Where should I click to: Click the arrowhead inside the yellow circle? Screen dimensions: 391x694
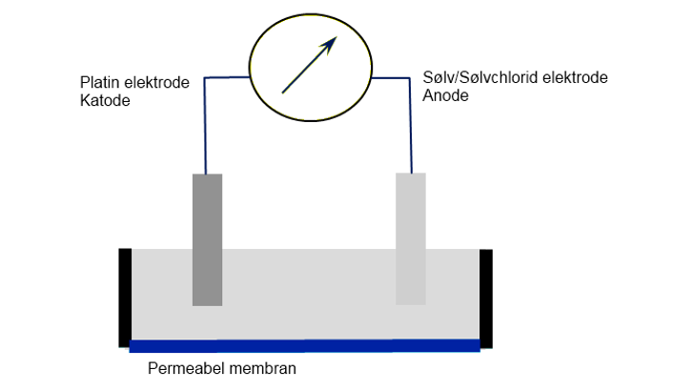pyautogui.click(x=333, y=40)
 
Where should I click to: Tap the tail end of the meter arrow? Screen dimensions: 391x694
pyautogui.click(x=283, y=92)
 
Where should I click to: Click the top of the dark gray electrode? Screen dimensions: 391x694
pyautogui.click(x=207, y=175)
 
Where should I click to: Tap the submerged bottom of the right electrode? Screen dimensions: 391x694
pyautogui.click(x=411, y=301)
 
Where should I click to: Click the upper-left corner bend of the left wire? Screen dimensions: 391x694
pyautogui.click(x=204, y=77)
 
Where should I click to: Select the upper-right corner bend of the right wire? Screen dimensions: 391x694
pyautogui.click(x=410, y=77)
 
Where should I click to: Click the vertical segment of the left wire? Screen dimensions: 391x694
pyautogui.click(x=204, y=124)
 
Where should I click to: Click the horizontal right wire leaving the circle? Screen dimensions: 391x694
pyautogui.click(x=391, y=76)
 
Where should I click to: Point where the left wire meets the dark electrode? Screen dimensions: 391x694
pyautogui.click(x=206, y=172)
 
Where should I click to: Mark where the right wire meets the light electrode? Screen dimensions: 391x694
pyautogui.click(x=411, y=172)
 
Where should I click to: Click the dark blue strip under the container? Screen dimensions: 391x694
pyautogui.click(x=305, y=346)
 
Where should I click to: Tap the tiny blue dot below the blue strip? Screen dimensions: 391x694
pyautogui.click(x=156, y=359)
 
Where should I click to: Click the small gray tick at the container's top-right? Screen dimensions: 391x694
pyautogui.click(x=482, y=248)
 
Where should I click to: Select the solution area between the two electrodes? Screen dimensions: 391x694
pyautogui.click(x=310, y=286)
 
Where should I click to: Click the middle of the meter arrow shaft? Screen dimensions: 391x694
pyautogui.click(x=307, y=67)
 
